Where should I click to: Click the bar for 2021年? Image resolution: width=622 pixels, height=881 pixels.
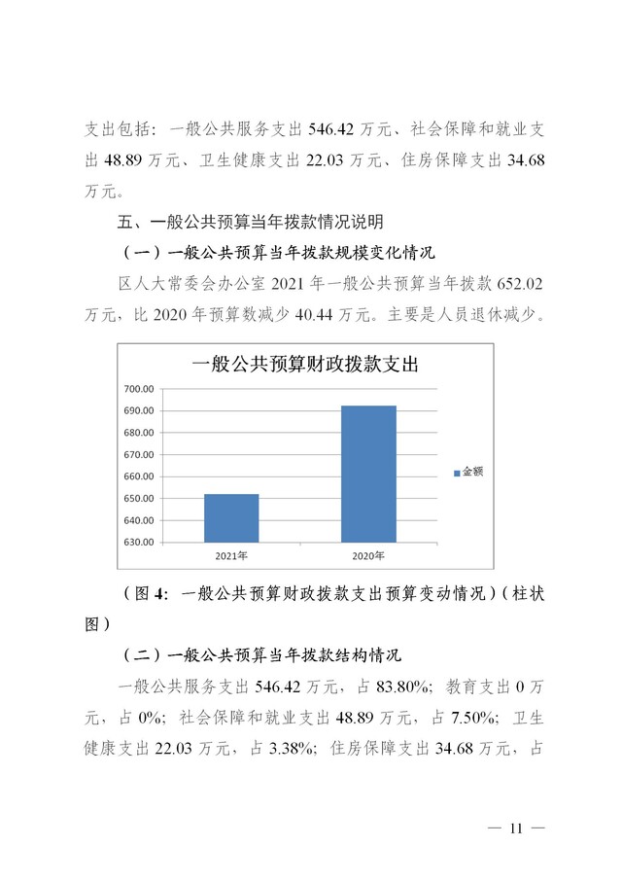click(231, 517)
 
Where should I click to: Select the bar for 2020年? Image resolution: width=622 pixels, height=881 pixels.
click(367, 474)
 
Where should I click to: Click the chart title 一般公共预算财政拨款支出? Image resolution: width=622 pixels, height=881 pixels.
click(304, 366)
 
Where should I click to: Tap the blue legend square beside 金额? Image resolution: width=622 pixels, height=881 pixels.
click(456, 473)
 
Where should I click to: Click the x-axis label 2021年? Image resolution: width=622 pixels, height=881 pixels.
click(231, 555)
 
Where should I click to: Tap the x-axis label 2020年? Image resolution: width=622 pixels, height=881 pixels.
click(367, 555)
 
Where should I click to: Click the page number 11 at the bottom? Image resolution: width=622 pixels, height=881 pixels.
click(515, 828)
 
